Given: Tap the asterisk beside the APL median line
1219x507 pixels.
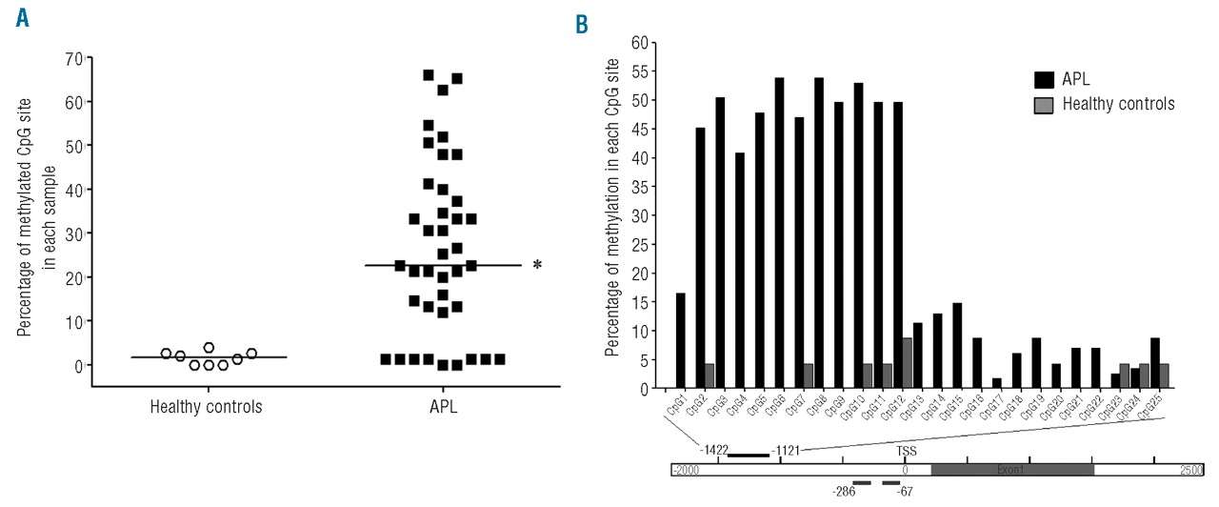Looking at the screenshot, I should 537,265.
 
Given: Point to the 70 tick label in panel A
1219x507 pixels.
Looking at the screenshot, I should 72,58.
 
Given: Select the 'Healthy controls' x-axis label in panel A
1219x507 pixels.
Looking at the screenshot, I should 207,406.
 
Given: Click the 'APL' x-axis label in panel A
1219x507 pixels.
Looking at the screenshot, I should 443,406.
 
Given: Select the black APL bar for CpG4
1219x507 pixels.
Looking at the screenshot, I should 740,271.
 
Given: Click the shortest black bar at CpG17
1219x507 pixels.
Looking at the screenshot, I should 995,383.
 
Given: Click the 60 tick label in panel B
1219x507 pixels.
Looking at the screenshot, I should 638,43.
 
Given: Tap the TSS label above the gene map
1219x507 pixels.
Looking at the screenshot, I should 907,448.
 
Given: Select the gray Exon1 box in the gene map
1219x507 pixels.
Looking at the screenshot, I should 1011,470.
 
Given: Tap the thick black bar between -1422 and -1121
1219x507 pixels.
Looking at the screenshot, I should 748,456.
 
